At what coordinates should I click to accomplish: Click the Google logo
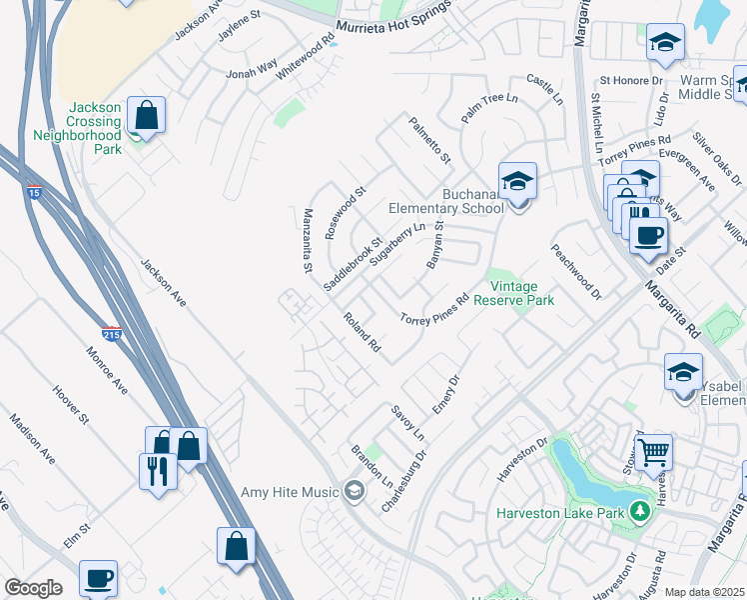33,588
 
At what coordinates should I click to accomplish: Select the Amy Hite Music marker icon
353,490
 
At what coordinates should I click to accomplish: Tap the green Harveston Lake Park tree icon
640,513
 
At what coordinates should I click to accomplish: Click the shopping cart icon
653,451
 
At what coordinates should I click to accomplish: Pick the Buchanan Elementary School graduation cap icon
517,181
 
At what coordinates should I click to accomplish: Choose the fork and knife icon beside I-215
158,470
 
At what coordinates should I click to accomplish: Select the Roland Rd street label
362,333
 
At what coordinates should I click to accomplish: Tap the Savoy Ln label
407,424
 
